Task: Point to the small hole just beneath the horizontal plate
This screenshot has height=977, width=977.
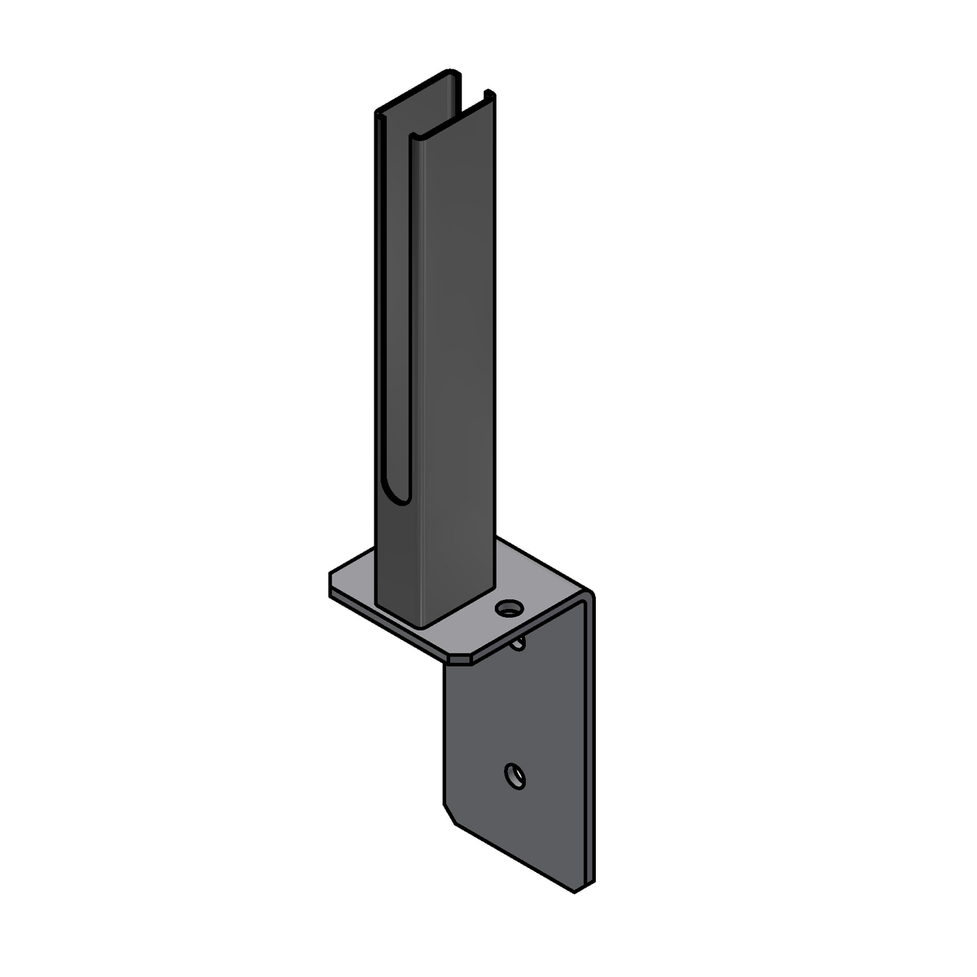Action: coord(519,645)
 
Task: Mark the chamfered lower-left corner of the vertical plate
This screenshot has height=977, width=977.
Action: coord(448,814)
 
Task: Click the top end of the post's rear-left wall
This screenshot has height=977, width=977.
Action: coord(379,114)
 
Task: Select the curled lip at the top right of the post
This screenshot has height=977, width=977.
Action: coord(488,94)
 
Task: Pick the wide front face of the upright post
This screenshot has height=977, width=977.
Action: coord(456,366)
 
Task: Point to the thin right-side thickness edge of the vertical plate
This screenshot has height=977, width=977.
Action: coord(591,733)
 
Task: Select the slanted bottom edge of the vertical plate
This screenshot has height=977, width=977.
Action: coord(513,855)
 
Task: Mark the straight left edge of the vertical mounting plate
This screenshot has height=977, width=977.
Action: coord(444,733)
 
